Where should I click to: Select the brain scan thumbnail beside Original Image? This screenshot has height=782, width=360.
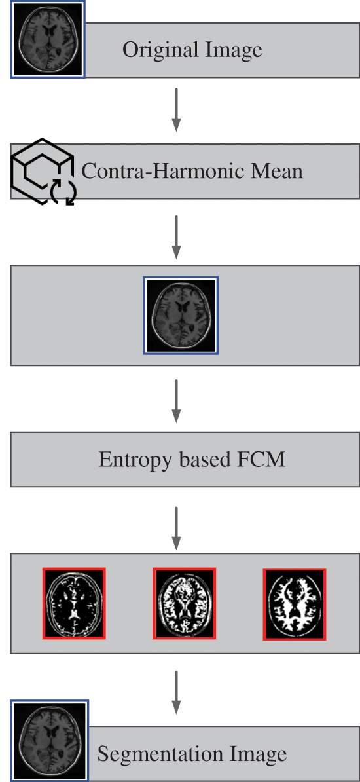(47, 39)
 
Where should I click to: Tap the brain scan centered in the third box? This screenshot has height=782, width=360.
(181, 315)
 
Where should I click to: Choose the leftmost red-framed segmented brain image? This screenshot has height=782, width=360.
(74, 603)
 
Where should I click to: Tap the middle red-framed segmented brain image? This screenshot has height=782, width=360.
(184, 603)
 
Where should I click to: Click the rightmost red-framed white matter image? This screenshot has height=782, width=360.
(295, 604)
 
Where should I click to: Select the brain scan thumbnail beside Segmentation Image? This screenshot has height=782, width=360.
(49, 740)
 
